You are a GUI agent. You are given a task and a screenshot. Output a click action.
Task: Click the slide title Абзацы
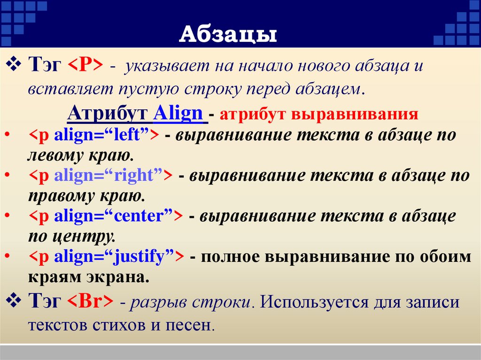228,35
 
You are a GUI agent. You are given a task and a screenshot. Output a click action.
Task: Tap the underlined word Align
178,114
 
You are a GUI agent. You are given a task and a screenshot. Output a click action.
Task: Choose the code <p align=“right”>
100,176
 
